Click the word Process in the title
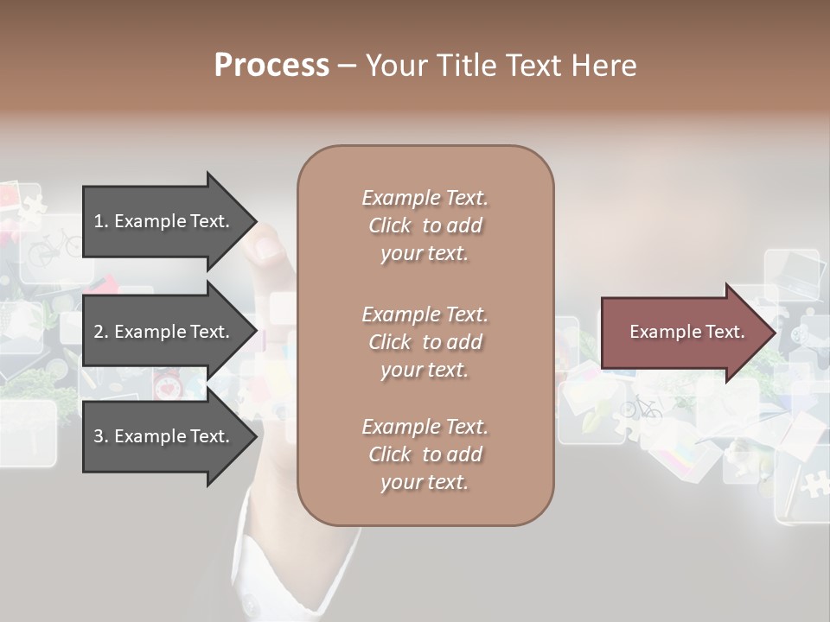point(271,66)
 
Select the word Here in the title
point(602,66)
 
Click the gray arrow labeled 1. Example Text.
point(164,221)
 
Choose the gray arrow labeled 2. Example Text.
point(164,332)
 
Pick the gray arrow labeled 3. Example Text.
point(164,436)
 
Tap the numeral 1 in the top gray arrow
point(98,221)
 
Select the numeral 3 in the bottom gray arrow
point(98,436)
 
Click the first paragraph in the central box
point(425,225)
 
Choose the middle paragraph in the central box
point(425,342)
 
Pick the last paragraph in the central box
point(425,454)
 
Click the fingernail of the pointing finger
point(268,250)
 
